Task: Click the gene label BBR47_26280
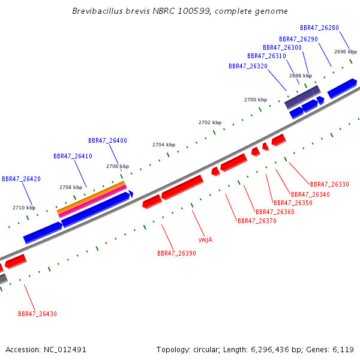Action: (x=319, y=28)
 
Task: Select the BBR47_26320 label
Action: (x=248, y=66)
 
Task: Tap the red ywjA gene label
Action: (x=205, y=239)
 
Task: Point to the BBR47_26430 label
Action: (x=37, y=314)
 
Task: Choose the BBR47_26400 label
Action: (x=107, y=140)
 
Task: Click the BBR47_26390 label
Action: (x=176, y=253)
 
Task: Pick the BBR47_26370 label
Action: (x=257, y=221)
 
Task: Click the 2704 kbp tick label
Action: (x=164, y=145)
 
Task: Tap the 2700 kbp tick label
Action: (x=256, y=100)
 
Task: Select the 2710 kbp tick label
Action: (x=24, y=208)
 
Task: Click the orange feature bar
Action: (x=91, y=197)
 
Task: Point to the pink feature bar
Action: (x=93, y=202)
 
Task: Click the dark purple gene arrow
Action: (x=302, y=97)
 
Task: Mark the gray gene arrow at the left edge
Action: (x=3, y=279)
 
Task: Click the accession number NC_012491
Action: (x=65, y=350)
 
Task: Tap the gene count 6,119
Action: (x=343, y=350)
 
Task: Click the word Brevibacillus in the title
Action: (x=98, y=11)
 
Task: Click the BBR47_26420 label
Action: (x=21, y=179)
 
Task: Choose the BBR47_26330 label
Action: (x=329, y=184)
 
